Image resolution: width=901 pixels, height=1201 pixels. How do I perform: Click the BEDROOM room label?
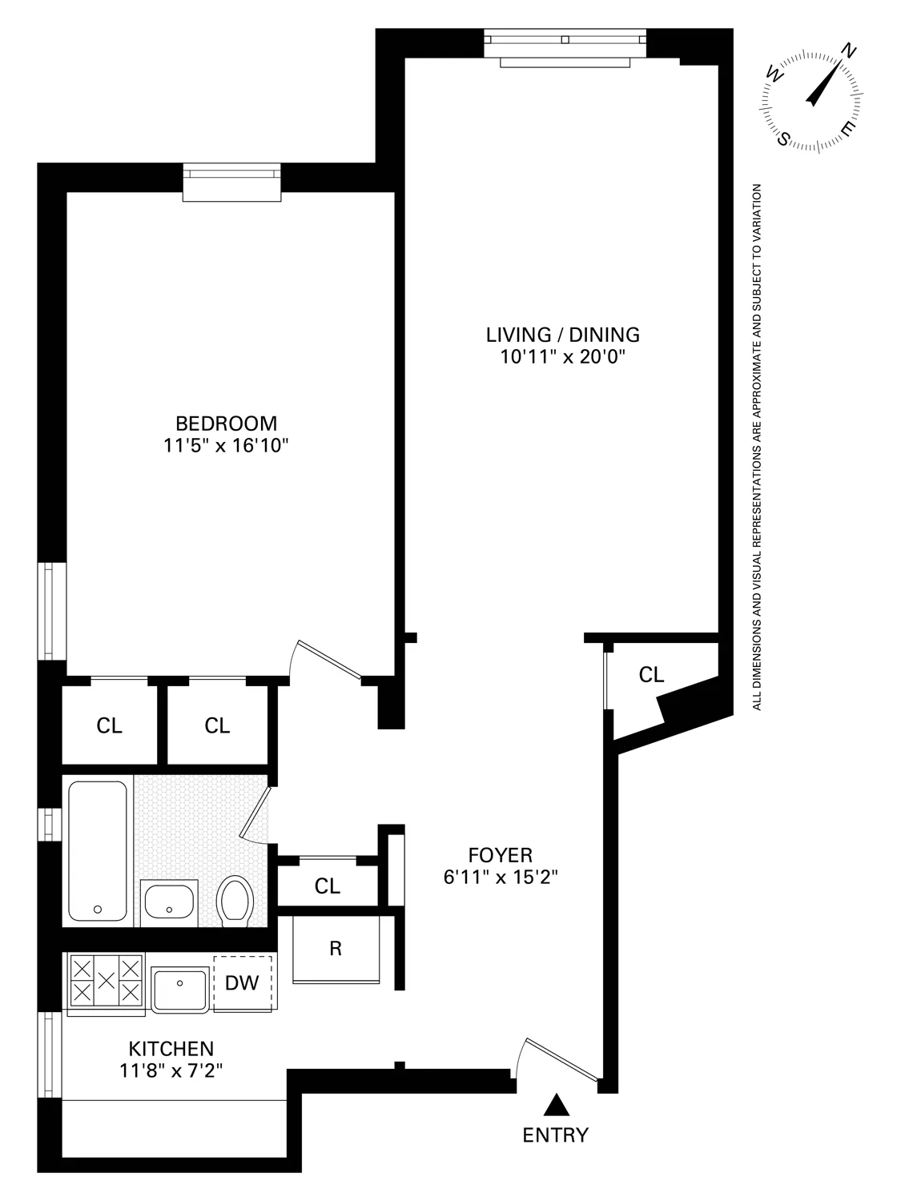pyautogui.click(x=226, y=423)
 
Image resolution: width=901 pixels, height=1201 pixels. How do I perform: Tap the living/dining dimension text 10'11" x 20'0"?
pyautogui.click(x=562, y=357)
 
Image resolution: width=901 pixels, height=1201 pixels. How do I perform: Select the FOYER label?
pyautogui.click(x=500, y=854)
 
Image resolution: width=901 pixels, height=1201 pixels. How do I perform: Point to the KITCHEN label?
pyautogui.click(x=171, y=1048)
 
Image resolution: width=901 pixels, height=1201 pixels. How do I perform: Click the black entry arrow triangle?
pyautogui.click(x=556, y=1106)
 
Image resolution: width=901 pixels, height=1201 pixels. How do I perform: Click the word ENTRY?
pyautogui.click(x=555, y=1135)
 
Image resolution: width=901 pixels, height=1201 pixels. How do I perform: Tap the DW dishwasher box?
pyautogui.click(x=243, y=982)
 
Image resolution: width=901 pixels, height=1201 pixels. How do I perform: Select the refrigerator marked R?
pyautogui.click(x=336, y=950)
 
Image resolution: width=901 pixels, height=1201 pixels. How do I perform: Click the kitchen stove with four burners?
pyautogui.click(x=106, y=982)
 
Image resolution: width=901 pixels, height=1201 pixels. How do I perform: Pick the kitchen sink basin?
pyautogui.click(x=180, y=988)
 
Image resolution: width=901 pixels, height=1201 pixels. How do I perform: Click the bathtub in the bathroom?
pyautogui.click(x=98, y=850)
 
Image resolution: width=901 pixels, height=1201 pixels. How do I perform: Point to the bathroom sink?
pyautogui.click(x=169, y=902)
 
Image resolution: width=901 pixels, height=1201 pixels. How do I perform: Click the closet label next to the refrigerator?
pyautogui.click(x=327, y=886)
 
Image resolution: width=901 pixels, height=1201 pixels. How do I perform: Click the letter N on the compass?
pyautogui.click(x=849, y=53)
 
